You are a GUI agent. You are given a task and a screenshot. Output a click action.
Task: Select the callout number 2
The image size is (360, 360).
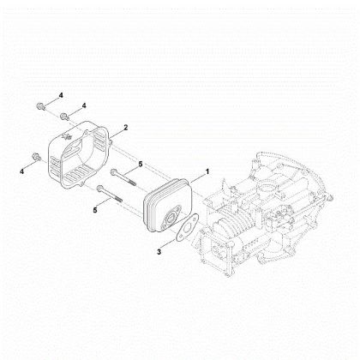coord(126,127)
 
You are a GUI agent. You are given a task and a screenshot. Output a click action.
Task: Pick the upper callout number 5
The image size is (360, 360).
coord(141,165)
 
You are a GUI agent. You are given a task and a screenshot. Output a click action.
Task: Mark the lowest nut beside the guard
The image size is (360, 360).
coord(35,157)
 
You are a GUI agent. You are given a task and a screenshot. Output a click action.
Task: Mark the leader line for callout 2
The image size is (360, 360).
coord(116,131)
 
